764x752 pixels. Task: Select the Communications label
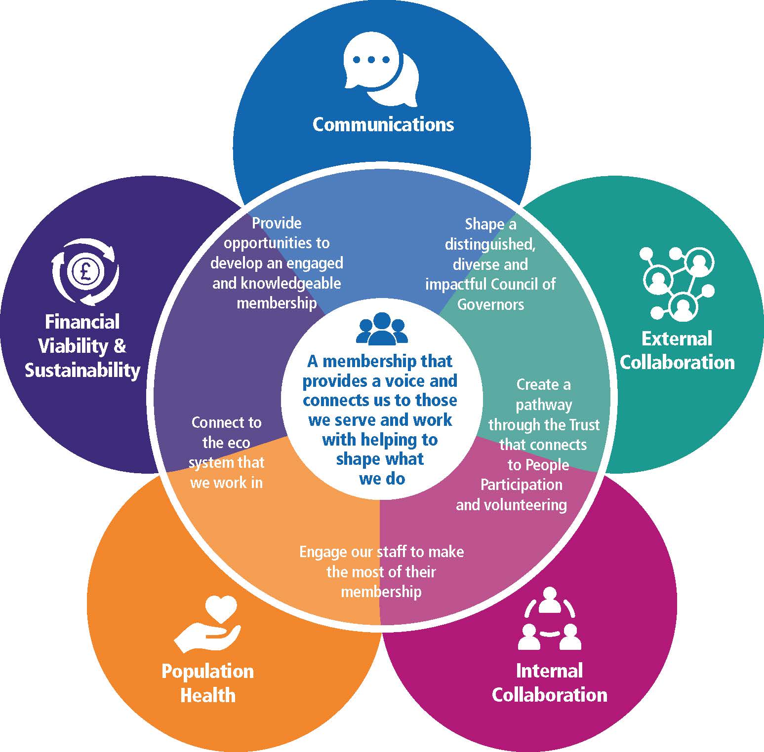click(x=383, y=124)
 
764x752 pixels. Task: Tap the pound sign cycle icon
click(x=85, y=272)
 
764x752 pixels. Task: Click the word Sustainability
click(x=82, y=370)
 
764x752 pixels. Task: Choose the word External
click(x=677, y=339)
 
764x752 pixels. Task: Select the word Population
click(x=207, y=672)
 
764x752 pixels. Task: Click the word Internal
click(x=549, y=671)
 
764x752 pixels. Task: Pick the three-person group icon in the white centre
click(x=382, y=329)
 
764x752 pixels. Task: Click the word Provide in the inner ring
click(x=277, y=223)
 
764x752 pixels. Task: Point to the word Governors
click(x=490, y=304)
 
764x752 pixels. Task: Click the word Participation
click(x=522, y=485)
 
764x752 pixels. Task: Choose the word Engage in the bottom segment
click(x=323, y=552)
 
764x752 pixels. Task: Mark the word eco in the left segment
click(x=226, y=443)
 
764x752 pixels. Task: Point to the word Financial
click(x=82, y=322)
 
